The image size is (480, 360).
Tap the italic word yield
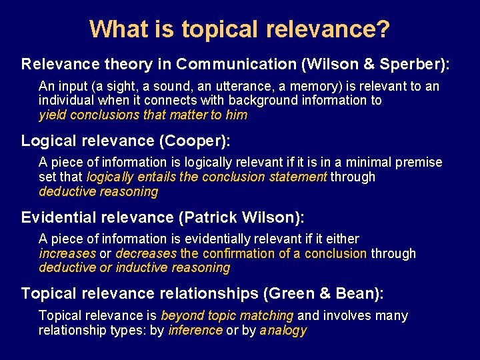click(x=52, y=115)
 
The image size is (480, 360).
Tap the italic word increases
click(x=67, y=253)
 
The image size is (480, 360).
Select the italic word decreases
click(x=146, y=253)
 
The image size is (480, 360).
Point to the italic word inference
click(x=195, y=330)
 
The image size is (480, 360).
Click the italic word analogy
click(x=283, y=330)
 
